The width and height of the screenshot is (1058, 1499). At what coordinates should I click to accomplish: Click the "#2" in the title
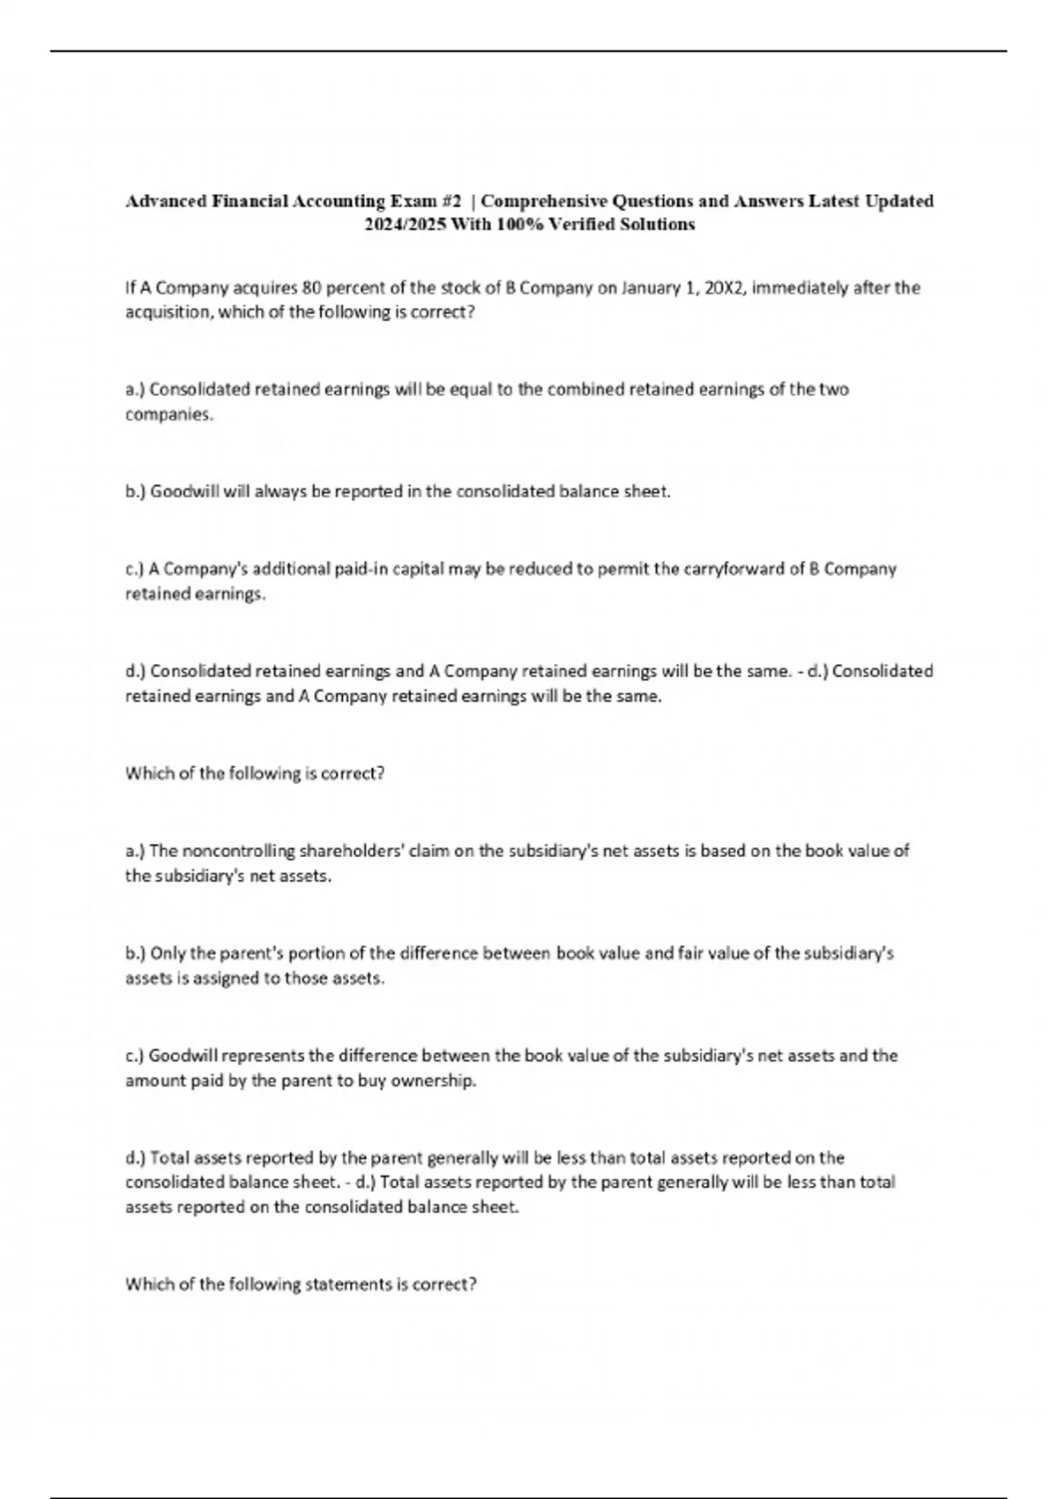click(451, 201)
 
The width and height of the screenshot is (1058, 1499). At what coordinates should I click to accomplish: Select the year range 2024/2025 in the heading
click(405, 224)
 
